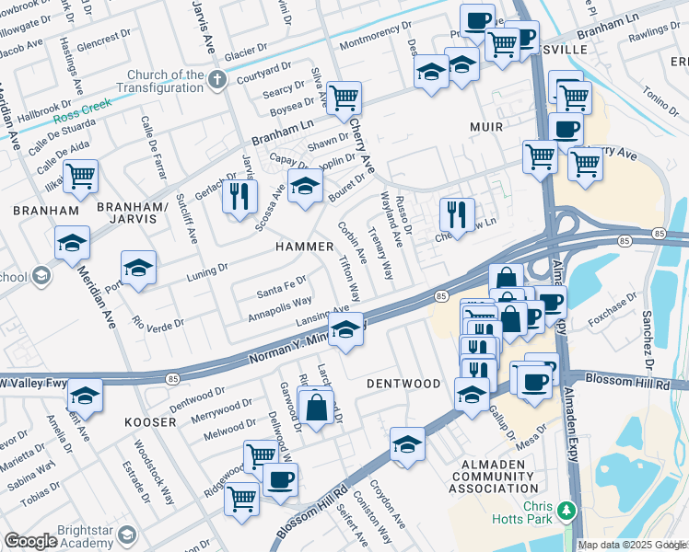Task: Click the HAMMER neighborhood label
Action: [x=303, y=247]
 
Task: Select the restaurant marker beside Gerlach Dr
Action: [x=239, y=195]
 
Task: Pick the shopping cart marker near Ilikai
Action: [x=80, y=174]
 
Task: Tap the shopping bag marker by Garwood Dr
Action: [x=316, y=407]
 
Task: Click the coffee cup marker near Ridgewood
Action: [x=280, y=478]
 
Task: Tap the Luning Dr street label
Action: [x=206, y=270]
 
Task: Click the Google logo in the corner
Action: [x=30, y=541]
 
